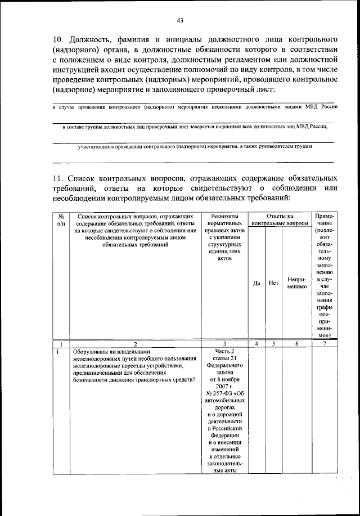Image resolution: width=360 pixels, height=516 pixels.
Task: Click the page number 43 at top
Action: [180, 21]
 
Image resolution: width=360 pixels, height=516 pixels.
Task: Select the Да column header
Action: [256, 282]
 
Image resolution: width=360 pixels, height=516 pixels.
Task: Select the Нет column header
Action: [274, 282]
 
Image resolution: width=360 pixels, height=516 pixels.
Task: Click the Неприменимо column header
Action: [296, 282]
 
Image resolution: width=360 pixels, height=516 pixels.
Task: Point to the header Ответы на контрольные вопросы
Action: [280, 219]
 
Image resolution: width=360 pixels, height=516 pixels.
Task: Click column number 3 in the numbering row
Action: [224, 343]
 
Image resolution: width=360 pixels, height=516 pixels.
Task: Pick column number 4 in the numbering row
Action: [256, 343]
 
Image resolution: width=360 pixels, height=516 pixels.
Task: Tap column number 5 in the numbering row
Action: [274, 343]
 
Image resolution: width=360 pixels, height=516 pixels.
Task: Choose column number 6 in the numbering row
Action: [296, 343]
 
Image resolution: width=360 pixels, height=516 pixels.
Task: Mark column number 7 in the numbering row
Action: [324, 343]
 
